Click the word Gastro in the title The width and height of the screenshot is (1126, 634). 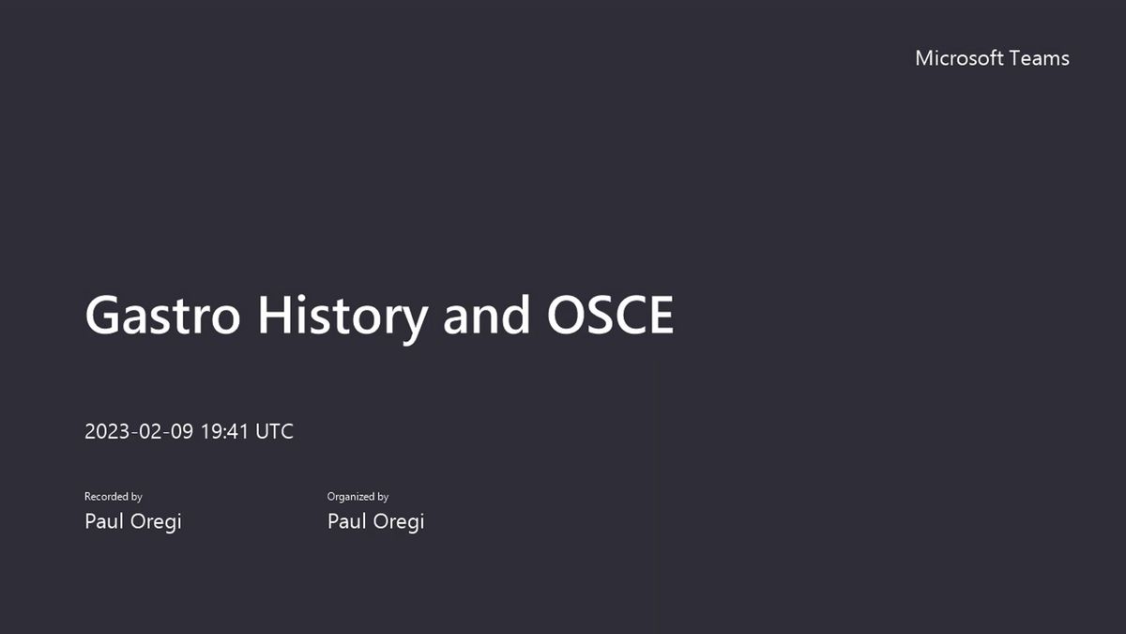(163, 315)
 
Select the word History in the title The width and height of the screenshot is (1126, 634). (342, 318)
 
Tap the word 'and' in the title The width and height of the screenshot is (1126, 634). (486, 315)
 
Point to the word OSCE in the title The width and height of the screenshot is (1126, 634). (610, 315)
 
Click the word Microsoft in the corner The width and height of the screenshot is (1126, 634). (959, 58)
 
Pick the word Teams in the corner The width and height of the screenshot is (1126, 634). (1039, 58)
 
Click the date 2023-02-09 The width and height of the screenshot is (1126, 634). (139, 431)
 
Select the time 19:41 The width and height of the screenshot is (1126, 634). (224, 431)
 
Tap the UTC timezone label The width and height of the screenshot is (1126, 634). (274, 431)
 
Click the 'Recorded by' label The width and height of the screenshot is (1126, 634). (114, 497)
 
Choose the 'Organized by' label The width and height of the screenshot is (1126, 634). (358, 497)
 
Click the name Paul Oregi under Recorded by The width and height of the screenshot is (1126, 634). (133, 521)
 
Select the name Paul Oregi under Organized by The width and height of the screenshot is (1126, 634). (376, 521)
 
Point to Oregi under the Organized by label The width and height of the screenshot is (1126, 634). (399, 522)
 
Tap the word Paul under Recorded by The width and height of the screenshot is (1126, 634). (104, 520)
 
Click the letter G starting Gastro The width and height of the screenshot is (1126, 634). (102, 315)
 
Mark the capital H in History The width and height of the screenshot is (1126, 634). (274, 315)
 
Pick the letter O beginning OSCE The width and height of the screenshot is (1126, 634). (566, 315)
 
